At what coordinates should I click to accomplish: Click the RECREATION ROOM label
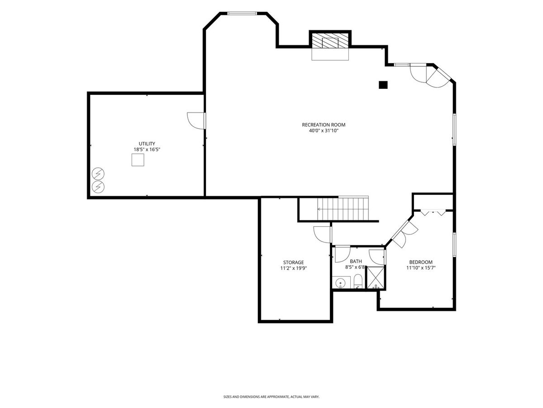pyautogui.click(x=324, y=125)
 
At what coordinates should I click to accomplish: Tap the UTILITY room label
pyautogui.click(x=147, y=144)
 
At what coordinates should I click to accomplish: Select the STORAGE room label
pyautogui.click(x=293, y=262)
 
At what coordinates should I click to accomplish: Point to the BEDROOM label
pyautogui.click(x=421, y=262)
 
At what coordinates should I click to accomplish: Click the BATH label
pyautogui.click(x=356, y=262)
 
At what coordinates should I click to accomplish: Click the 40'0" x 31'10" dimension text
pyautogui.click(x=324, y=131)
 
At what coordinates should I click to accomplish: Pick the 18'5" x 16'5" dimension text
pyautogui.click(x=147, y=150)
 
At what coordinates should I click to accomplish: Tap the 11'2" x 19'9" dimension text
pyautogui.click(x=293, y=268)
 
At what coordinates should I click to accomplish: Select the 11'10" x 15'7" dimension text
pyautogui.click(x=421, y=268)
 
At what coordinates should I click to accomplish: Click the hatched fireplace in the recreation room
pyautogui.click(x=330, y=40)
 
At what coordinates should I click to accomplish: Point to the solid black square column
pyautogui.click(x=383, y=85)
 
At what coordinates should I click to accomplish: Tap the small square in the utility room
pyautogui.click(x=138, y=160)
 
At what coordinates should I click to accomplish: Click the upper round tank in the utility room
pyautogui.click(x=98, y=174)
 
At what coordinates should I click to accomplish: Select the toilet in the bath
pyautogui.click(x=358, y=282)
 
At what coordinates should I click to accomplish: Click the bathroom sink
pyautogui.click(x=340, y=282)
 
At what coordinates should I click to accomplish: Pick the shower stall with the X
pyautogui.click(x=376, y=278)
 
